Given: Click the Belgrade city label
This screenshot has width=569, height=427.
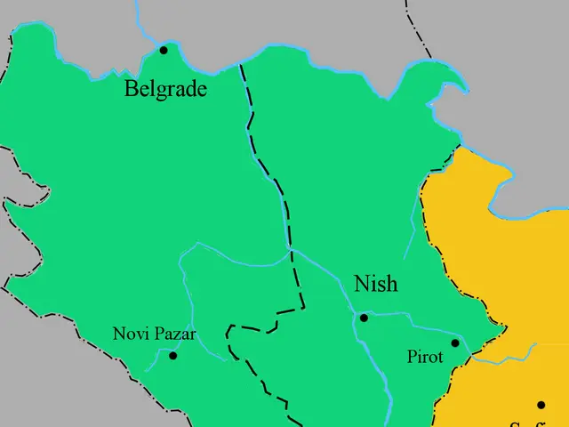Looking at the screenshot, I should tap(165, 88).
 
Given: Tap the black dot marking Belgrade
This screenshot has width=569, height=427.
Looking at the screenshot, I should tap(164, 51).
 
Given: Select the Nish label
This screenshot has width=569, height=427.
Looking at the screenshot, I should tap(375, 285).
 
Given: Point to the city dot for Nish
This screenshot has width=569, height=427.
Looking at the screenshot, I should tap(364, 318).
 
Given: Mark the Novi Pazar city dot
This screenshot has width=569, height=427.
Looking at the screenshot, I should tap(173, 356).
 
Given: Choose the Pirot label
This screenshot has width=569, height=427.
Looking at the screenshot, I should tap(425, 357).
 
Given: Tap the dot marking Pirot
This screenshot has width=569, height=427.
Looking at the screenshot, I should tap(455, 343).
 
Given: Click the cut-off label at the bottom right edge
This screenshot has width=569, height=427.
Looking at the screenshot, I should tap(525, 423).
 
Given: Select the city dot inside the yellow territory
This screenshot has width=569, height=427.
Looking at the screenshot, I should tap(541, 406).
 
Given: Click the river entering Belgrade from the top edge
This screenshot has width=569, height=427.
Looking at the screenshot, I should tap(141, 22).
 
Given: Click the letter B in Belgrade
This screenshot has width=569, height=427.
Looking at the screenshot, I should tap(131, 88).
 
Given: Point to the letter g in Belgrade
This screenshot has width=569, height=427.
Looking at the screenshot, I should tap(162, 91).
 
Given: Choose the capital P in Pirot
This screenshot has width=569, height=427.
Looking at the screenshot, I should tap(412, 357).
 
